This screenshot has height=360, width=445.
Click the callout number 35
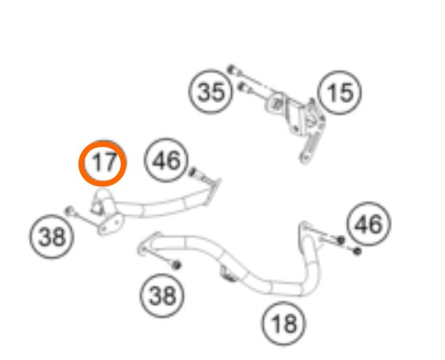click(210, 92)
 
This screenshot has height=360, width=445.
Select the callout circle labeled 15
click(340, 92)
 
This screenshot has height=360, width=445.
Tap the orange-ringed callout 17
click(103, 163)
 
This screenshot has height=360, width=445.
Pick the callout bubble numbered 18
click(284, 323)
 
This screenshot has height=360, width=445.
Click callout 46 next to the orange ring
click(167, 160)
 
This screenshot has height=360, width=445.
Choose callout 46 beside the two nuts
click(369, 224)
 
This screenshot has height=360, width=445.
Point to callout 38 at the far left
click(52, 237)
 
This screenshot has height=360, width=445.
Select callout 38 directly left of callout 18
click(162, 295)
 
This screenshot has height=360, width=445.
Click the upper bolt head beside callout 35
click(231, 69)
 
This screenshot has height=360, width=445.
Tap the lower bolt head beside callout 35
click(242, 86)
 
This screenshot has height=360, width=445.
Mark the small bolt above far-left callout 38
click(69, 211)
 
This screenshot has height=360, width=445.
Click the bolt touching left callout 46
click(193, 172)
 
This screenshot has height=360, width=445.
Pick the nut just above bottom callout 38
click(176, 264)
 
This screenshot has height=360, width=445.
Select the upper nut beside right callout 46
click(341, 239)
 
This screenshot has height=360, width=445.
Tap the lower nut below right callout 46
click(357, 251)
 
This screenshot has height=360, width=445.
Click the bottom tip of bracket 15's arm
click(304, 160)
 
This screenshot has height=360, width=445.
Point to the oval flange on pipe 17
click(110, 224)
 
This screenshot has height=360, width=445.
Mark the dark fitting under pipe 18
click(229, 275)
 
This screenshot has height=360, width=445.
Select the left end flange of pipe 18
click(148, 243)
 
